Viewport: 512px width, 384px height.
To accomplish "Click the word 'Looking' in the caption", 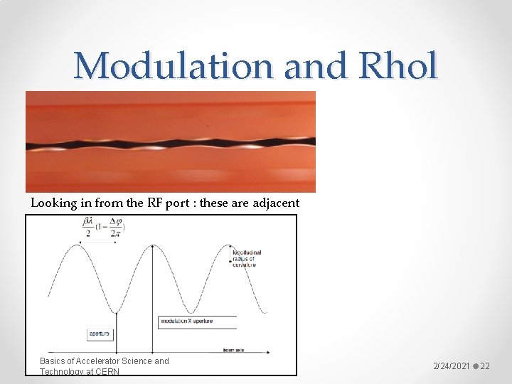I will tap(54, 203).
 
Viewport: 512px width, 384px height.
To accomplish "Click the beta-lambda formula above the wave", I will tap(104, 228).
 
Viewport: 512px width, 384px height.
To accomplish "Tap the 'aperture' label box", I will tap(99, 333).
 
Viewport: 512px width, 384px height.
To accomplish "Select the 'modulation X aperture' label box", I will tap(187, 321).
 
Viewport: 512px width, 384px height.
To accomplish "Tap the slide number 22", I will tap(485, 366).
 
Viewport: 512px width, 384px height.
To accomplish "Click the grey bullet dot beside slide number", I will tap(475, 366).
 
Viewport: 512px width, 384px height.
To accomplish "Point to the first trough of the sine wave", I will tap(116, 311).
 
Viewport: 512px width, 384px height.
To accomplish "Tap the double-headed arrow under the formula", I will tap(98, 242).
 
